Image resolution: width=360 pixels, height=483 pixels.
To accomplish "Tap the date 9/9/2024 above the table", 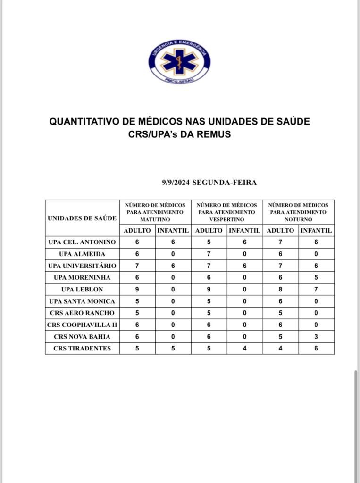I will (x=176, y=183).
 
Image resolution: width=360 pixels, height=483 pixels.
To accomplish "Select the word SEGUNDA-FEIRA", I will (x=225, y=183).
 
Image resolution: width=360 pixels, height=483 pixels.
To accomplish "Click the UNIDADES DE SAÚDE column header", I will (x=82, y=218).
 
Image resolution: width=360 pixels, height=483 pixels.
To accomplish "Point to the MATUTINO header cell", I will (x=155, y=212).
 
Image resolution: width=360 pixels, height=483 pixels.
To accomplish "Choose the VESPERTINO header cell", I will (x=226, y=212).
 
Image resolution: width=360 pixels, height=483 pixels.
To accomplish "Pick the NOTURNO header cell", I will (x=298, y=212).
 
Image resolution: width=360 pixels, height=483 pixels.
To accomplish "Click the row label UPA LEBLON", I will (x=82, y=289).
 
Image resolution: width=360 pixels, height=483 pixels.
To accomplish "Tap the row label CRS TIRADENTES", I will (x=82, y=348).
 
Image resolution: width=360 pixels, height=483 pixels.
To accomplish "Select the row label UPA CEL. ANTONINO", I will (x=82, y=242).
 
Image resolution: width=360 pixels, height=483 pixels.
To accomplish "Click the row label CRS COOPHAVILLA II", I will (x=82, y=325).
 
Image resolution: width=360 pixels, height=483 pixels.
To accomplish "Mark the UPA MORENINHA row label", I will (x=82, y=277).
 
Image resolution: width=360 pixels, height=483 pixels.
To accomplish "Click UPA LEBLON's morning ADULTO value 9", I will (x=137, y=289).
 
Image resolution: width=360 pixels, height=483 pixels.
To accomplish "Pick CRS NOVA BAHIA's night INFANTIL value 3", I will (x=316, y=336).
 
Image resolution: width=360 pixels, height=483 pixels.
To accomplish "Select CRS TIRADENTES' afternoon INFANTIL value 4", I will (x=244, y=348).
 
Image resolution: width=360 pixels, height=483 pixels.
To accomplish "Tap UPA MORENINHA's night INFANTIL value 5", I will (x=316, y=277).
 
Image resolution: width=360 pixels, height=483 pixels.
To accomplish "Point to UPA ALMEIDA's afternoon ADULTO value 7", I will (x=209, y=254).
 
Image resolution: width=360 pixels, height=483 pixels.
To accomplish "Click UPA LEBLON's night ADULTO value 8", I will (x=281, y=289).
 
